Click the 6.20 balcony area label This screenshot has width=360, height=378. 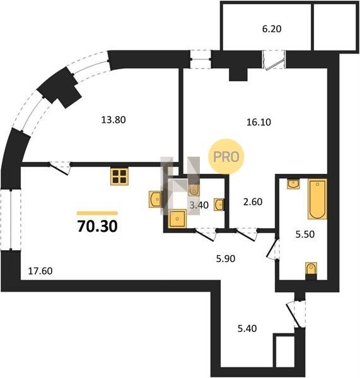272,29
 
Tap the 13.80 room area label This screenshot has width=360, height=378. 113,120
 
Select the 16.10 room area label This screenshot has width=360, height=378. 258,122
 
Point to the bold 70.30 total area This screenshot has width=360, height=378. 98,227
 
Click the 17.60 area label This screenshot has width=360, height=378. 40,271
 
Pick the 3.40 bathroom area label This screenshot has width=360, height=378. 199,205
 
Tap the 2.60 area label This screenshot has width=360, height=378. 253,202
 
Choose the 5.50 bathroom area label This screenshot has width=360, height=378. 305,234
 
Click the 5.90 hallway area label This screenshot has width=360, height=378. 226,259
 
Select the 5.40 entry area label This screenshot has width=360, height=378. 247,329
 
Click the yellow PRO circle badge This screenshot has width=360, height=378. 226,156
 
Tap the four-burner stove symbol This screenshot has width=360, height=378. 119,176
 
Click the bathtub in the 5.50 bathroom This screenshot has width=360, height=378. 317,199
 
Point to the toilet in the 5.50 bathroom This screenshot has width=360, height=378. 311,270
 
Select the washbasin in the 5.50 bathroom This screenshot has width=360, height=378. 293,184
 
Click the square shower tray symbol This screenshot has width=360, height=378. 178,219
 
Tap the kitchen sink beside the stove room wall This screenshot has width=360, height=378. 156,199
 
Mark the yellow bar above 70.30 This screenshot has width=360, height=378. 98,213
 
